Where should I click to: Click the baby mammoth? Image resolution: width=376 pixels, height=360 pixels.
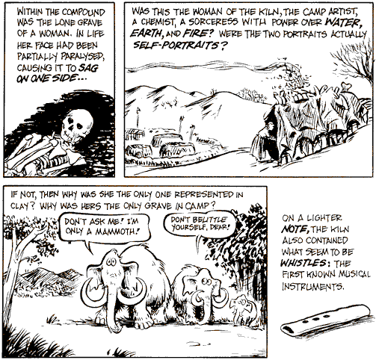tap(242, 308)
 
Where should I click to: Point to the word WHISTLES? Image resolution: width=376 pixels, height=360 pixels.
tap(303, 263)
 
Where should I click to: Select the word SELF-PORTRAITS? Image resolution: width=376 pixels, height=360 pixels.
tap(176, 46)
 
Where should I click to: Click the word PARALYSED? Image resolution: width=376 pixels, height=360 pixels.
tap(82, 57)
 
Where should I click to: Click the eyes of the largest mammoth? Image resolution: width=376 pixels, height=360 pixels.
tap(111, 261)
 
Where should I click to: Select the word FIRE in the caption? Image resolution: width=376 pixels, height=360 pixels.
tap(193, 34)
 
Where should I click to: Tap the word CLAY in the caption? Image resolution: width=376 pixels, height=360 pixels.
tap(21, 206)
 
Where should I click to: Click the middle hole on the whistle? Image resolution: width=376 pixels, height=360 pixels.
tap(316, 319)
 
